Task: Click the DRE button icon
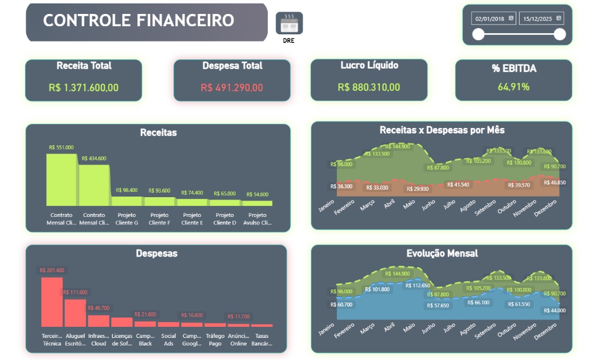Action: coord(289,23)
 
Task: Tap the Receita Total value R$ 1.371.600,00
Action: coord(84,88)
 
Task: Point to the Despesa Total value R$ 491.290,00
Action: coord(232,88)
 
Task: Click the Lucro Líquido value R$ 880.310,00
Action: coord(369,87)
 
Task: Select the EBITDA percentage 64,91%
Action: coord(513,87)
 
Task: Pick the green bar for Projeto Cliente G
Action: coord(127,201)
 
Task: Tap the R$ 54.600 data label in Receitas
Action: coord(257,194)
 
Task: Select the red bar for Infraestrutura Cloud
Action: coord(98,320)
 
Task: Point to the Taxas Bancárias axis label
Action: coord(262,340)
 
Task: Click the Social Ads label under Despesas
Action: coord(169,340)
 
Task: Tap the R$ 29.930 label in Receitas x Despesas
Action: coord(417,189)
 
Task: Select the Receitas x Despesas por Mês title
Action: coord(442,130)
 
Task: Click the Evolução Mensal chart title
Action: coord(442,253)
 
